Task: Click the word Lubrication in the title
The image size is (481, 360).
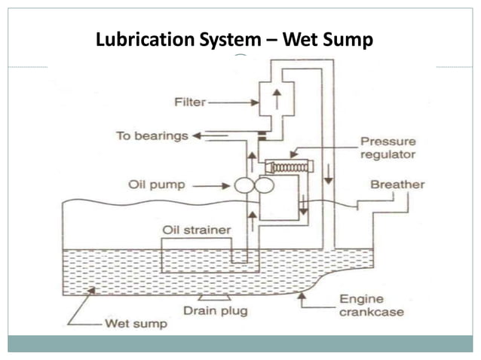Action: tap(142, 39)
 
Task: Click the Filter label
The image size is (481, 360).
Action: tap(188, 102)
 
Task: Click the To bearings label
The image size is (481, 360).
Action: tap(150, 136)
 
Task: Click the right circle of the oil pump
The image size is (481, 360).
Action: tap(263, 185)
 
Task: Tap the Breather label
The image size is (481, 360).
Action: tap(397, 185)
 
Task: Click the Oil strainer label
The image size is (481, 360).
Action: tap(197, 229)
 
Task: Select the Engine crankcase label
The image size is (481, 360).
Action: tap(369, 305)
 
